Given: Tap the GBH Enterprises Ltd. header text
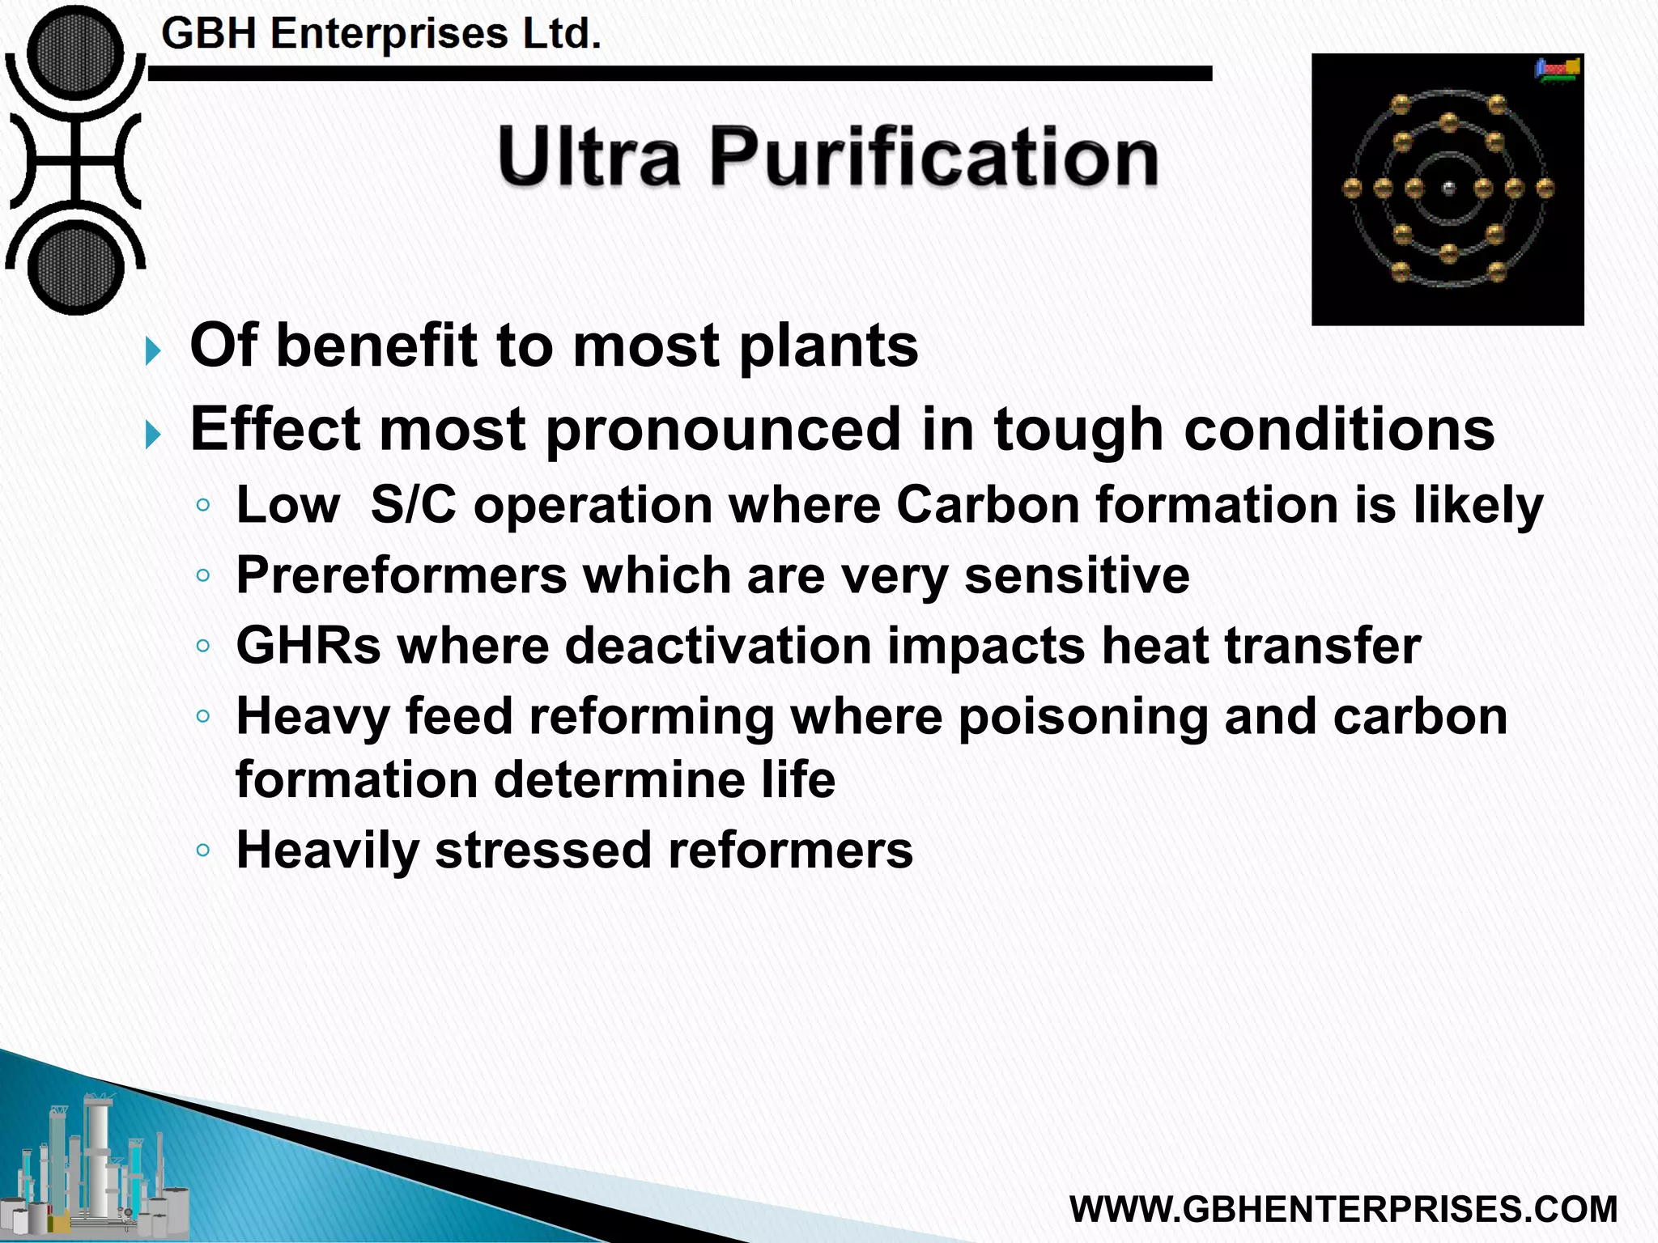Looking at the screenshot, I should coord(381,34).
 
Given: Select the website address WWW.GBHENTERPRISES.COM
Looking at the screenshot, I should coord(1343,1209).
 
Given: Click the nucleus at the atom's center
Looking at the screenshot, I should coord(1448,189).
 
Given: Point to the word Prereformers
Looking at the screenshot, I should coord(402,575).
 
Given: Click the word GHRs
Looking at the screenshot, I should coord(308,646).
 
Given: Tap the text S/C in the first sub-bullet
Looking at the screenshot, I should coord(413,505).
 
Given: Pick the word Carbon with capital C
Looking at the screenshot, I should coord(988,505).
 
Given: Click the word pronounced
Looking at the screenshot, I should coord(722,429).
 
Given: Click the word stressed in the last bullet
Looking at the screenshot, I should coord(543,851).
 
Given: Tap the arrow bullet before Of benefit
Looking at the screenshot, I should coord(153,351).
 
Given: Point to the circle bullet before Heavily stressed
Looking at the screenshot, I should coord(203,851).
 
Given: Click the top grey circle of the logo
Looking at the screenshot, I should coord(75,53).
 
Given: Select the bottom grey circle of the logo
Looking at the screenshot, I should coord(75,268).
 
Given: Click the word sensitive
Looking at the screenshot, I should coord(1077,575).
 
